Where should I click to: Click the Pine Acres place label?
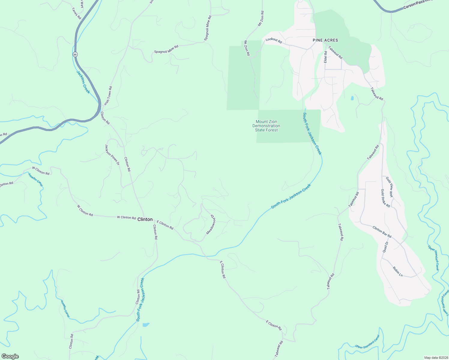[x=325, y=40]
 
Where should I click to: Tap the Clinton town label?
[x=145, y=219]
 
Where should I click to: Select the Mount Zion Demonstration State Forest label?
[x=266, y=126]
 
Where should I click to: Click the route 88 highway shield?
[x=75, y=54]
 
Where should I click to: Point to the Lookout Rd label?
[x=274, y=40]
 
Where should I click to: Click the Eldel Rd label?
[x=325, y=57]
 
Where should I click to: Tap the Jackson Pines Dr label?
[x=112, y=155]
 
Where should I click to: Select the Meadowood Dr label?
[x=211, y=224]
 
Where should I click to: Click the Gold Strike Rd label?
[x=385, y=198]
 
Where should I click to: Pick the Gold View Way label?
[x=389, y=187]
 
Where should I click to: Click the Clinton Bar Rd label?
[x=382, y=232]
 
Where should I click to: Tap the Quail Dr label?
[x=385, y=247]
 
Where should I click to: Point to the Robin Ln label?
[x=398, y=271]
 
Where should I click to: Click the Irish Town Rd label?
[x=108, y=96]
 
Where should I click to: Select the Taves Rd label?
[x=77, y=13]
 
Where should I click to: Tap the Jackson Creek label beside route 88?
[x=83, y=82]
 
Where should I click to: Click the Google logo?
[x=10, y=356]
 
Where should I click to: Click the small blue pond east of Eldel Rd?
[x=352, y=98]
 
